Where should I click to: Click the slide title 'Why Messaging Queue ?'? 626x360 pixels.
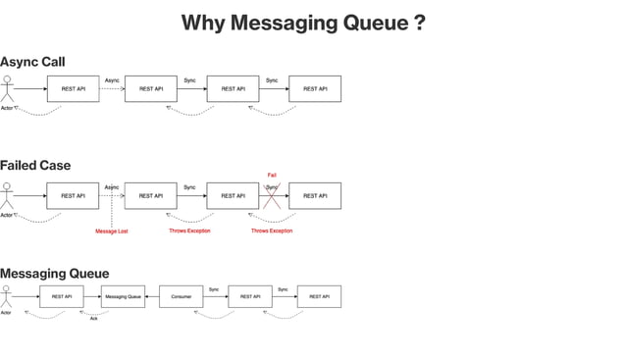(x=303, y=23)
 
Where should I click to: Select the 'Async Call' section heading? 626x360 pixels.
(x=32, y=62)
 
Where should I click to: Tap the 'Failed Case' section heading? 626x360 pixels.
(x=35, y=165)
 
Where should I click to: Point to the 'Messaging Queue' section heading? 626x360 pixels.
(x=54, y=273)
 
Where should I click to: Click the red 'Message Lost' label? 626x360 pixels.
(x=111, y=231)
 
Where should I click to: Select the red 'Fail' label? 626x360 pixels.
(x=272, y=175)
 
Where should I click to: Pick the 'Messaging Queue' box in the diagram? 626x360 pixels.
(x=123, y=296)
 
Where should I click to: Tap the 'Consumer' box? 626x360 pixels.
(x=181, y=296)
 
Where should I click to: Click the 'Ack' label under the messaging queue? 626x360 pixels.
(x=94, y=319)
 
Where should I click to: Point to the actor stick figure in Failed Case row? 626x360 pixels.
(x=8, y=195)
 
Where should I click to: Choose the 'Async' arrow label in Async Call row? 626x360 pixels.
(x=112, y=79)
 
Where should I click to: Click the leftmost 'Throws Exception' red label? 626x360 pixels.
(x=189, y=231)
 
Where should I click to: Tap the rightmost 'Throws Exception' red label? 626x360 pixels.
(x=272, y=231)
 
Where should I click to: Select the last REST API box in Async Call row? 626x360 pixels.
(x=315, y=89)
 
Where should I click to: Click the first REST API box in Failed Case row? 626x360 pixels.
(x=73, y=196)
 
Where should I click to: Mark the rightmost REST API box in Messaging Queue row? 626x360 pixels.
(x=319, y=296)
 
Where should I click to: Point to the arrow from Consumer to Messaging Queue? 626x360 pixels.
(x=151, y=296)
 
